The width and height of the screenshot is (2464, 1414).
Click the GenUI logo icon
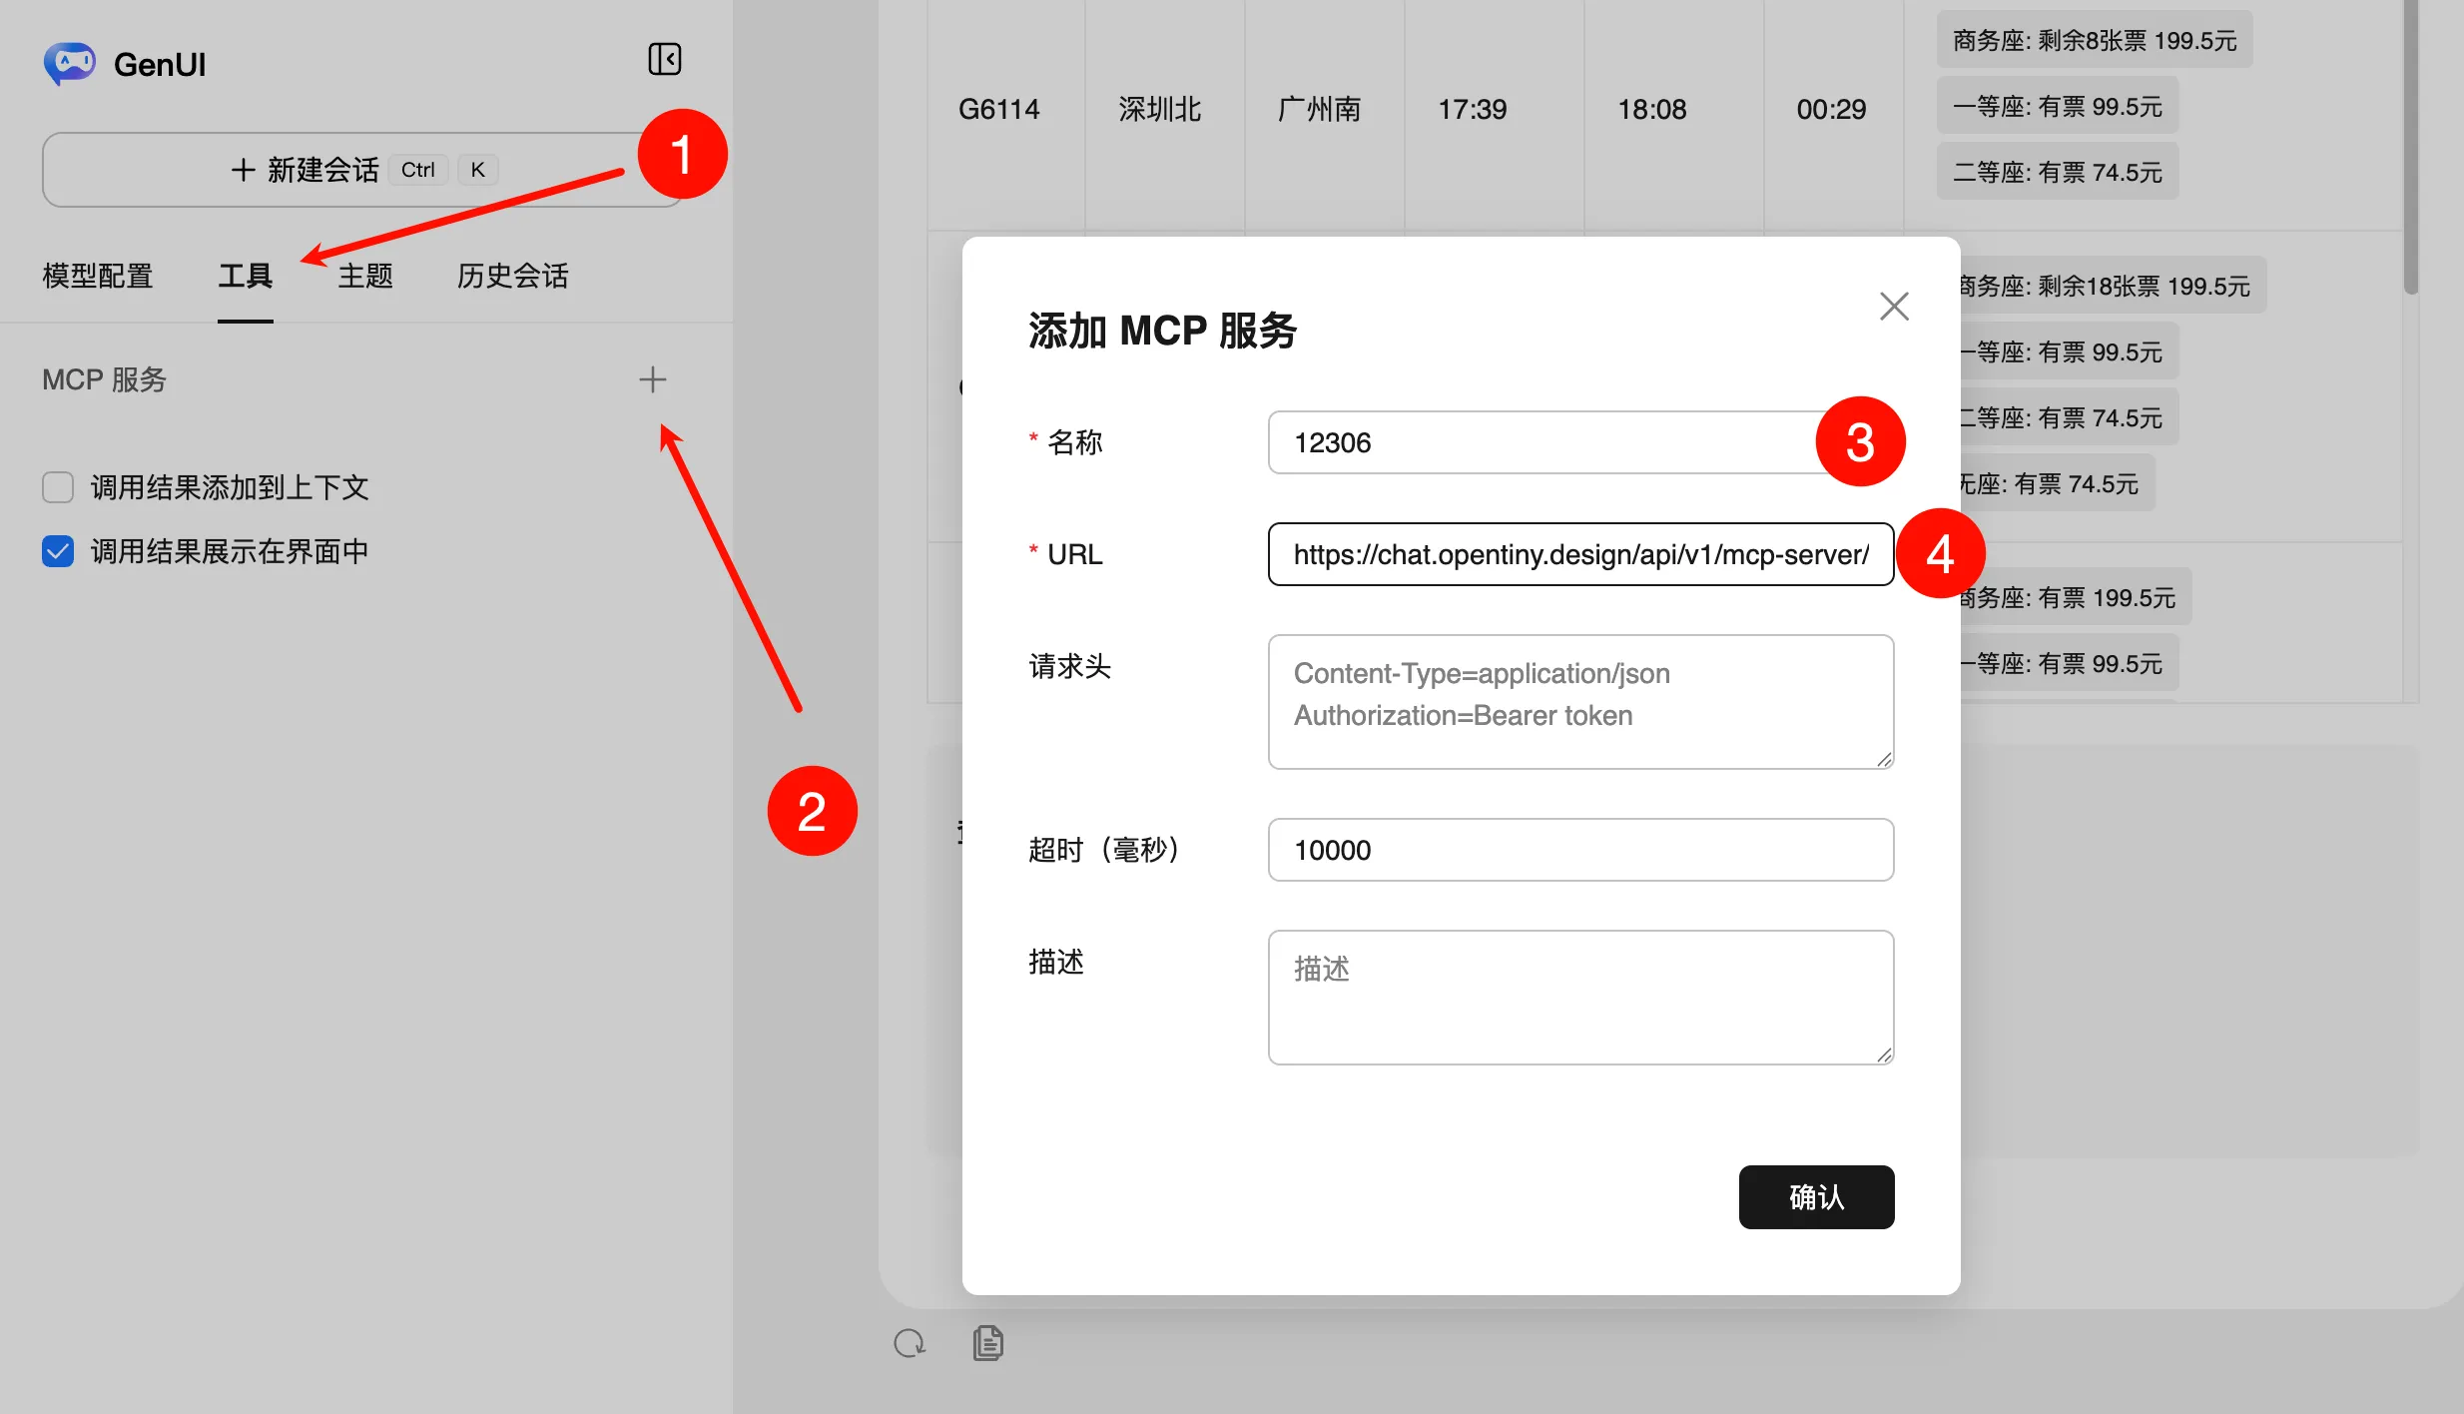tap(69, 63)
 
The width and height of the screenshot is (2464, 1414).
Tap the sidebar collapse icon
tap(664, 59)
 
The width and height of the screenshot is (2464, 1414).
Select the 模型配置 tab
tap(98, 276)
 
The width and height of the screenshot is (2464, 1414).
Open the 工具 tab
tap(246, 276)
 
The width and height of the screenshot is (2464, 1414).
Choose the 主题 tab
tap(365, 276)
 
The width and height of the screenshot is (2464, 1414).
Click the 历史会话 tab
tap(513, 276)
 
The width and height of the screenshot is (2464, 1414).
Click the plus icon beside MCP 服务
tap(653, 379)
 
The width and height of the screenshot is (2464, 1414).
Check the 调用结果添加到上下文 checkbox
tap(58, 487)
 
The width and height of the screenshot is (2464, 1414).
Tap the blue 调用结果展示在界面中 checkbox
tap(58, 551)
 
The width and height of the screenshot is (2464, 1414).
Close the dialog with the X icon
tap(1894, 307)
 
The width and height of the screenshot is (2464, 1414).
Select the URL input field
tap(1580, 554)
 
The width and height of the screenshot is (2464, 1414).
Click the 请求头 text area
tap(1580, 702)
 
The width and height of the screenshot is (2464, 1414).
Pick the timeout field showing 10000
tap(1580, 850)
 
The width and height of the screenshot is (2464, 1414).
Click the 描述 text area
tap(1580, 998)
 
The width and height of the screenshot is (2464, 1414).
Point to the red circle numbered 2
tap(812, 811)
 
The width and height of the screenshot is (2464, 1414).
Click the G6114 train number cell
tap(999, 109)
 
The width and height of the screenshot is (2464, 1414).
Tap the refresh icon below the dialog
tap(910, 1343)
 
